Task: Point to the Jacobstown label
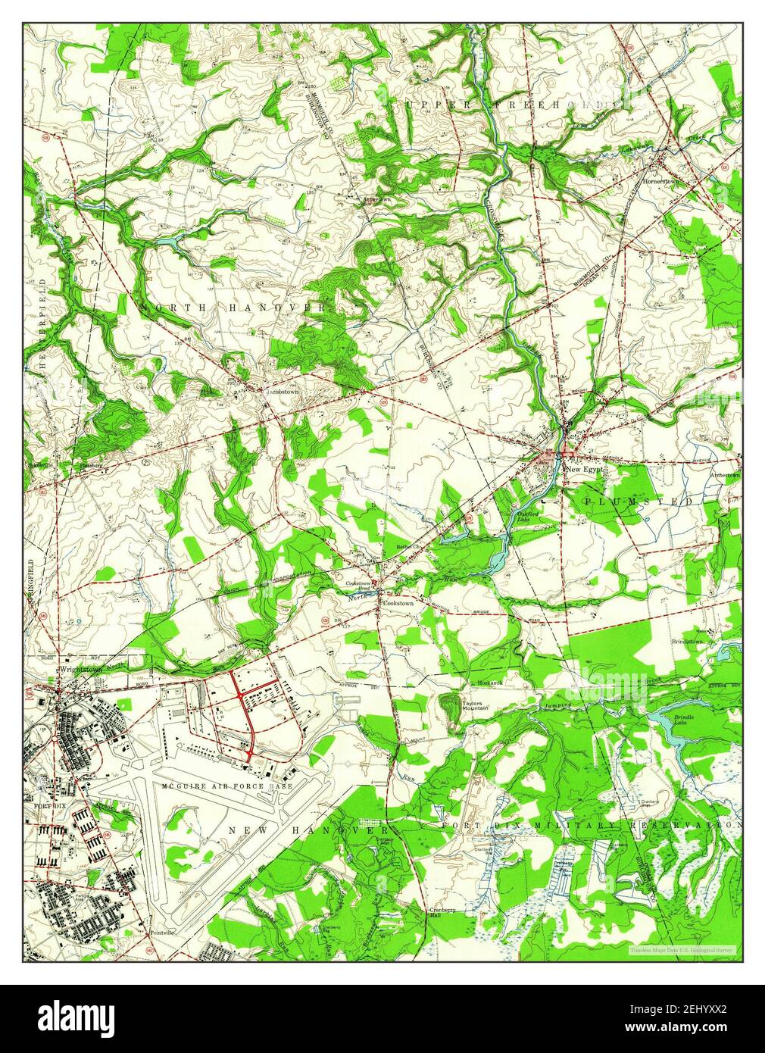coord(280,392)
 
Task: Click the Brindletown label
coord(687,642)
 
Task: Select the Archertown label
coord(723,475)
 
